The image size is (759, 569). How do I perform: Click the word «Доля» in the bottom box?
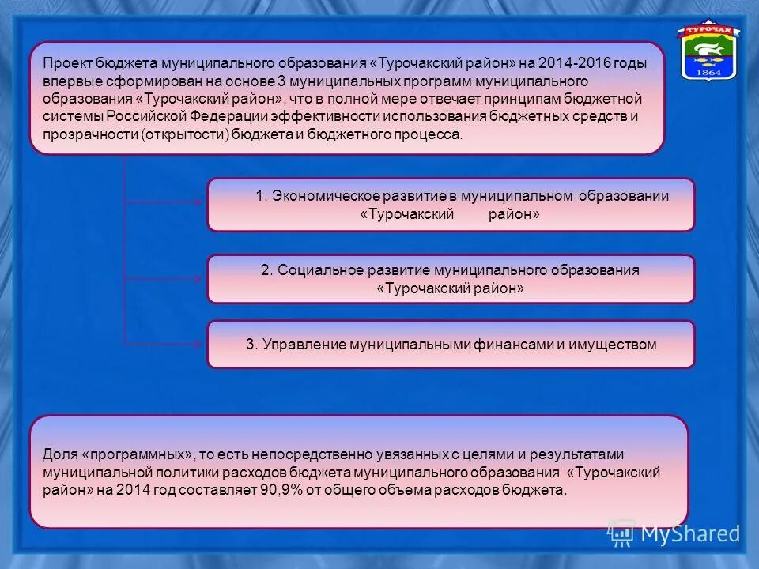point(60,454)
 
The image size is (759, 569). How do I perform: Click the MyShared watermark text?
point(689,534)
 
